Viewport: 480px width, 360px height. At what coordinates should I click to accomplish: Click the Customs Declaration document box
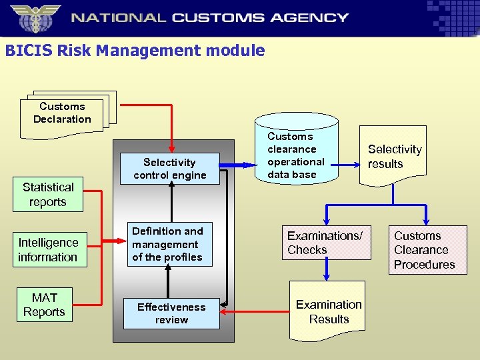coord(62,114)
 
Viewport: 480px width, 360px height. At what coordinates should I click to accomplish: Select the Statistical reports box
coord(48,195)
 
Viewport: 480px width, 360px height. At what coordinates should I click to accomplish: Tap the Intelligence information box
coord(48,250)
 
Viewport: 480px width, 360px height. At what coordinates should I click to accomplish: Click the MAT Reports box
coord(45,305)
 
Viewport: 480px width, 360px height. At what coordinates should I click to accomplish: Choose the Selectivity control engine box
coord(169,169)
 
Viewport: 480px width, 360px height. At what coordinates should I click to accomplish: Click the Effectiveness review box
coord(171,313)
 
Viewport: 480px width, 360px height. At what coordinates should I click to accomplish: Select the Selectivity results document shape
coord(394,157)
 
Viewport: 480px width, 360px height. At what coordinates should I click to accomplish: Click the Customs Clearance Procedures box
coord(424,250)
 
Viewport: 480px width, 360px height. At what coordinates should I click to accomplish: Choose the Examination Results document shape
coord(329,312)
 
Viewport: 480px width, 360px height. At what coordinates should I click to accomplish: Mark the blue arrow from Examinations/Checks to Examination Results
coord(327,269)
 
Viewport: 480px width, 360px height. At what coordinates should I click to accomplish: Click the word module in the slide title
coord(237,51)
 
